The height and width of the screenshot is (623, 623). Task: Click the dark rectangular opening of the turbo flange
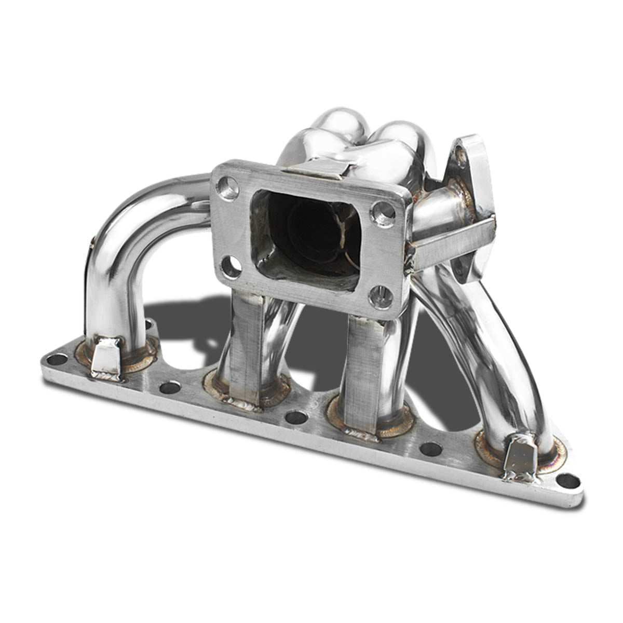pos(306,234)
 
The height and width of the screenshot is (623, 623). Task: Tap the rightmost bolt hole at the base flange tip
pos(569,481)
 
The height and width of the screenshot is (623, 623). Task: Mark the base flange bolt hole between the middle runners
pos(296,416)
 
